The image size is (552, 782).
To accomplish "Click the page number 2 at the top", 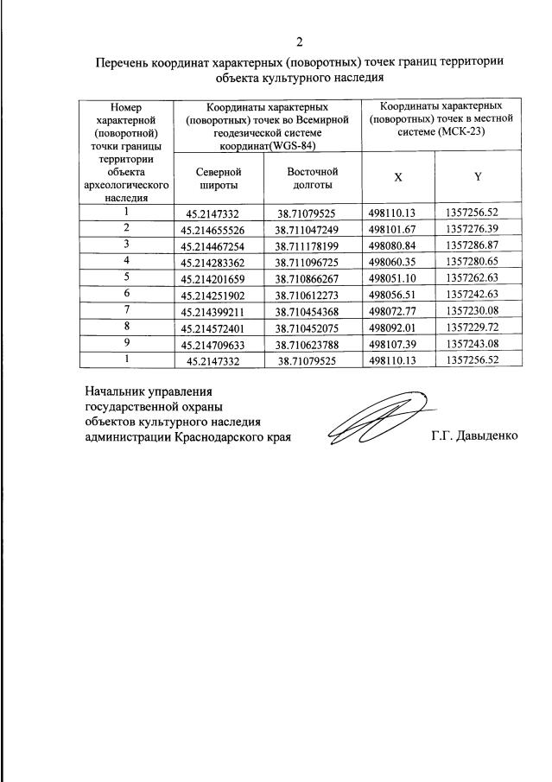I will (300, 41).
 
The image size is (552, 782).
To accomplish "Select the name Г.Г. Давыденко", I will (474, 436).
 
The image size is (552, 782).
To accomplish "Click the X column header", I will (397, 177).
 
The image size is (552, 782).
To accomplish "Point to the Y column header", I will (477, 177).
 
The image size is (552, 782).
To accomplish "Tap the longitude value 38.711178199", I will (312, 245).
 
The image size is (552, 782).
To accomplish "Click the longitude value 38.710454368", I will (312, 309).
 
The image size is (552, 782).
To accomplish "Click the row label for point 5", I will (126, 277).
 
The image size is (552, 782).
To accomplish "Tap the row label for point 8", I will (126, 325).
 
